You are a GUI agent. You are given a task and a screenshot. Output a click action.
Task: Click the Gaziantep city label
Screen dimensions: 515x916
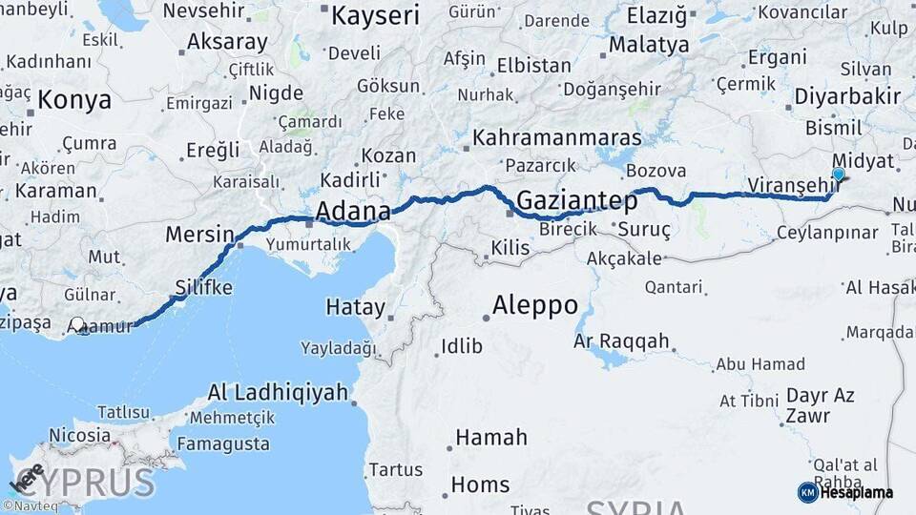tap(576, 200)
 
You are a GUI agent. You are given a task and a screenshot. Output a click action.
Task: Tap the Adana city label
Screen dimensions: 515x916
tap(352, 210)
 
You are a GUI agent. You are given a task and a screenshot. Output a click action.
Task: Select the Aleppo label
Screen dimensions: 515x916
tap(534, 305)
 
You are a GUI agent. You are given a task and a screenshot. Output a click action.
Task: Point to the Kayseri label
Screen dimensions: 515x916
tap(375, 14)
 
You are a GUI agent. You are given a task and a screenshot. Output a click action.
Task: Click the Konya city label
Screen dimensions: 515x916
tap(74, 99)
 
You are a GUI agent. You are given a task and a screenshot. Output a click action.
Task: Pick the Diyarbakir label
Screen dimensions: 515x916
tap(847, 97)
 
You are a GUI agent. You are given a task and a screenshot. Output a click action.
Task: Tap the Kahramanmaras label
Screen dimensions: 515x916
tap(557, 136)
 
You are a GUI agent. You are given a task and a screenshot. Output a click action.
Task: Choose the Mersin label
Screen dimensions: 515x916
tap(199, 235)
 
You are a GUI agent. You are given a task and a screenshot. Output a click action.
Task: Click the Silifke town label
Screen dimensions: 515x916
tap(203, 287)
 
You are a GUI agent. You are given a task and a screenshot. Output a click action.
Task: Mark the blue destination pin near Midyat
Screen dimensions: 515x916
tap(839, 174)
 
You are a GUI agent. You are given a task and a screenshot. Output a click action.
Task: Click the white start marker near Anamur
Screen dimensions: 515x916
tap(77, 326)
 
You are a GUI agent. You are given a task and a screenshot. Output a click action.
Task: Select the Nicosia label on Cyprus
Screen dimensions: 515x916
tap(79, 435)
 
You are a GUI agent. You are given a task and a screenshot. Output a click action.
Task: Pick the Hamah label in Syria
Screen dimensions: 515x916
tap(490, 438)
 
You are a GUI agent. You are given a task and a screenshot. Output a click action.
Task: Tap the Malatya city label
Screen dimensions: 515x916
tap(649, 44)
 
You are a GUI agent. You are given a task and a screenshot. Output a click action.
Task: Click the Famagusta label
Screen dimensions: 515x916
tap(222, 443)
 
